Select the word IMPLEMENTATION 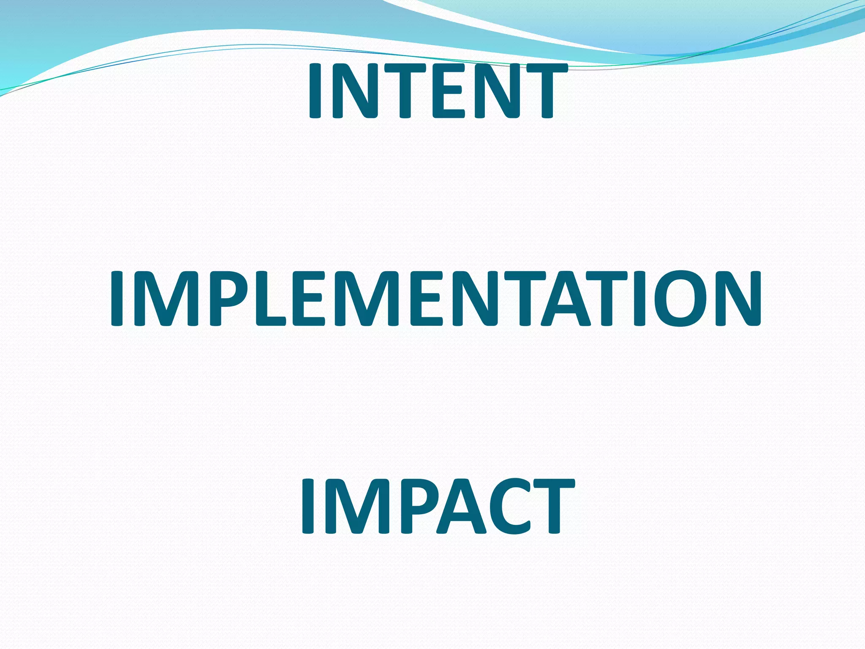[x=435, y=299]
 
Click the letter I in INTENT [x=315, y=90]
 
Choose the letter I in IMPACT [x=307, y=507]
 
